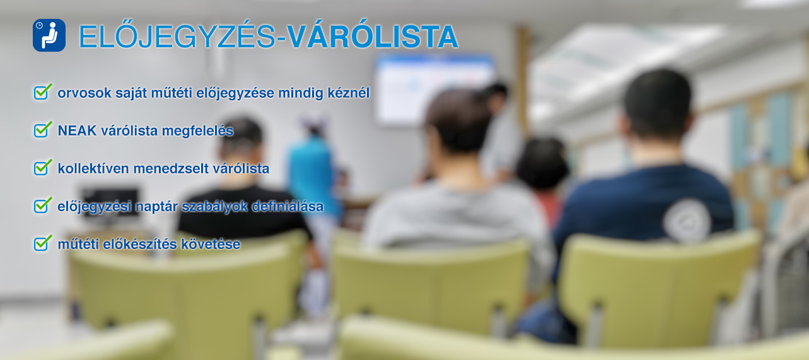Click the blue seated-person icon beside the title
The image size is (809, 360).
point(49,35)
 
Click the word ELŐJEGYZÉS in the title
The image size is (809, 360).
point(177,37)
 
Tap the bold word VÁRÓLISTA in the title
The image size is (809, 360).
point(373,36)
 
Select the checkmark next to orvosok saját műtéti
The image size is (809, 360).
point(43,91)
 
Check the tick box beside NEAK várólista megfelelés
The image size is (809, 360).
point(43,129)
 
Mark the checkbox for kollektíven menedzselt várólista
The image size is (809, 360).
point(43,167)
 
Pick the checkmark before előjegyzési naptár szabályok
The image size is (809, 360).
point(43,205)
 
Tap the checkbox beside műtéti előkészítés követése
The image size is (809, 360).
point(43,243)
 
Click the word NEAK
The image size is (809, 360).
point(77,131)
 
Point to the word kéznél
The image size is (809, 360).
point(349,93)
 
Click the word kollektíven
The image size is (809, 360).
point(93,168)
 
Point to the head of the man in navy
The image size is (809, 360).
point(656,105)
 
